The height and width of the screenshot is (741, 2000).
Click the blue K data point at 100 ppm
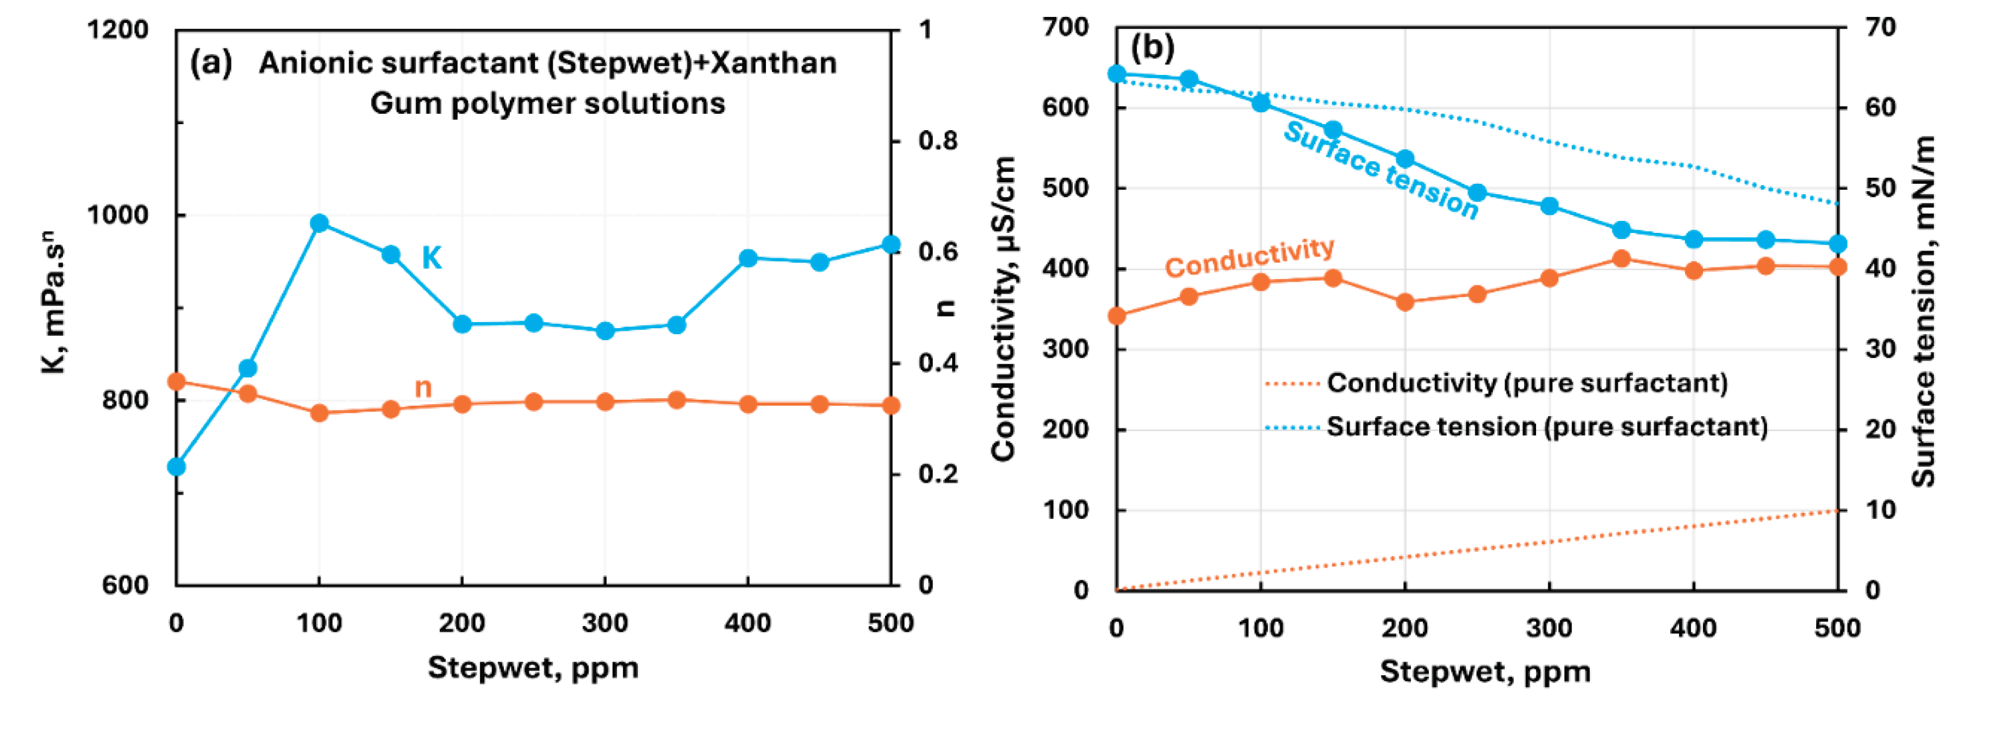[319, 224]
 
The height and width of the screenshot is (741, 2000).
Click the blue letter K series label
[432, 258]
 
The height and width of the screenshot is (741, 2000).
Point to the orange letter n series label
[423, 387]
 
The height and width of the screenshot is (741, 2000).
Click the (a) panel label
[211, 63]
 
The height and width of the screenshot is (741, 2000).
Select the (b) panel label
[1152, 48]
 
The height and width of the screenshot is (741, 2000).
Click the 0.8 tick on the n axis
[938, 141]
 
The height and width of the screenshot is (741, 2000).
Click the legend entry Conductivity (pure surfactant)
[1526, 382]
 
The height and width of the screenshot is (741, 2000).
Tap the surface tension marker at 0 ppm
[1117, 74]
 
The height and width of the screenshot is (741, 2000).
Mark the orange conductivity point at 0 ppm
[1117, 316]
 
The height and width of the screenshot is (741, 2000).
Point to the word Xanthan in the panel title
[774, 63]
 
